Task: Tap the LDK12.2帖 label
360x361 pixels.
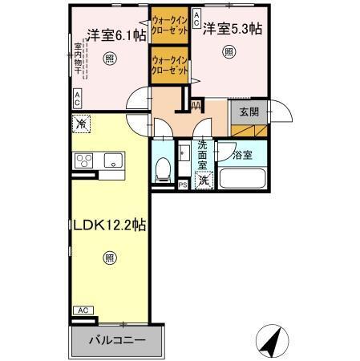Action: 110,226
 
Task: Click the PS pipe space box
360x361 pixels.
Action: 183,185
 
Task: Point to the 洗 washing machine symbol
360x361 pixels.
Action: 204,180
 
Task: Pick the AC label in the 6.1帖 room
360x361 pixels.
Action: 77,99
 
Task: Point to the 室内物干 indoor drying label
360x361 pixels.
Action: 78,59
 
